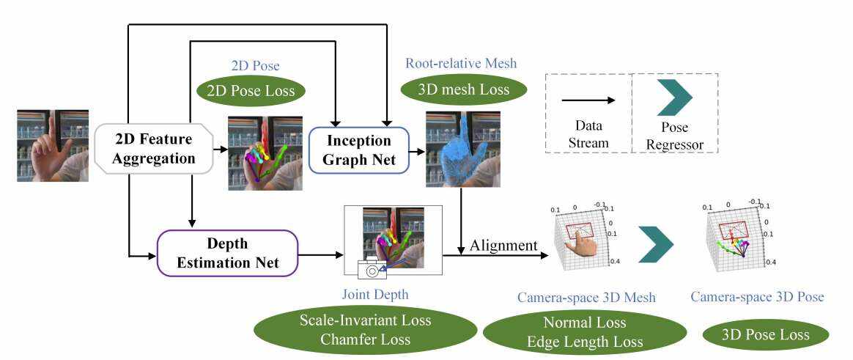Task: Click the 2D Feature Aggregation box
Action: [155, 148]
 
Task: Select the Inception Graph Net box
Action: [360, 150]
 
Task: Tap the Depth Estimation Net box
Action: [227, 254]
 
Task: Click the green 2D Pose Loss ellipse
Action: [251, 92]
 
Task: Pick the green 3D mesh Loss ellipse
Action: [464, 92]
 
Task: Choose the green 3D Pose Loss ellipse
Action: [766, 334]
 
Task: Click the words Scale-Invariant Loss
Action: [365, 320]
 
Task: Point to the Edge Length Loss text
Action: [584, 342]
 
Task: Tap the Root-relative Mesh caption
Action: [461, 63]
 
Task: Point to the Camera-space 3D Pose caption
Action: [758, 297]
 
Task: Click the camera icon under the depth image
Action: [372, 269]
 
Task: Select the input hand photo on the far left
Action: [53, 145]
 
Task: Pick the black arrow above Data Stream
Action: [588, 100]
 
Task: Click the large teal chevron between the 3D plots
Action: [655, 244]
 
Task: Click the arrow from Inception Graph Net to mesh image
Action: [416, 151]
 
